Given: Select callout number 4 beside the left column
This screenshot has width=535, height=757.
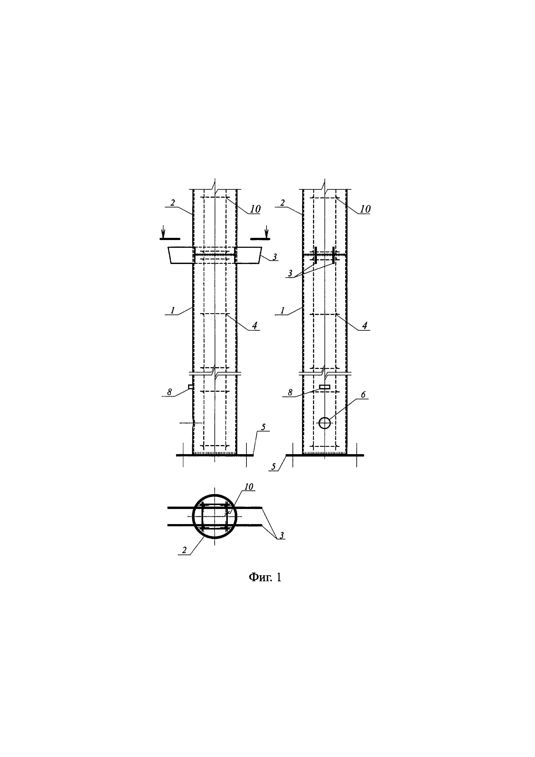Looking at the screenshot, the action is (254, 326).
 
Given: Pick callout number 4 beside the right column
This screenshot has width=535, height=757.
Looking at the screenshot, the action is (364, 326).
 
